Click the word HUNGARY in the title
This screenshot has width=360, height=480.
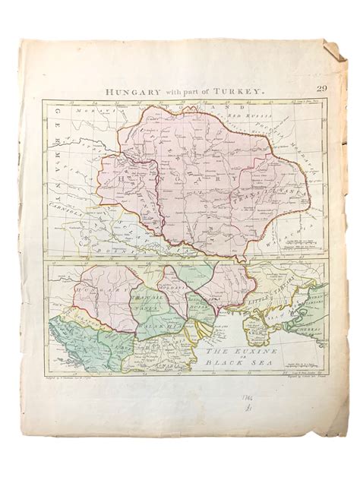tap(128, 90)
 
